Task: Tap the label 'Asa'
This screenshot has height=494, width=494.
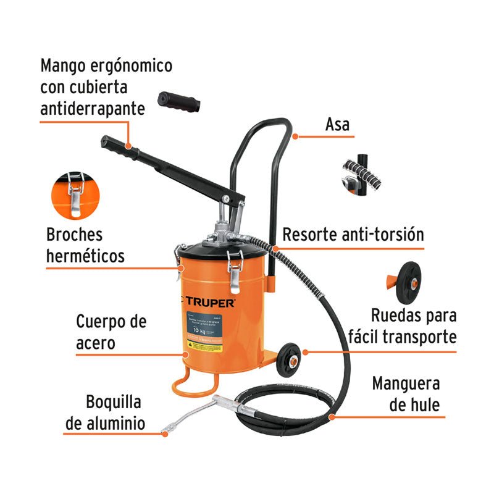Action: [x=337, y=124]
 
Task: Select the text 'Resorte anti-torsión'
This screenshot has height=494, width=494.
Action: [x=353, y=235]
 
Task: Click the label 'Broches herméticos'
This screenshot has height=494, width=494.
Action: [x=85, y=245]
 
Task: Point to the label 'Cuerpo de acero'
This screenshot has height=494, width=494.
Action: [x=111, y=332]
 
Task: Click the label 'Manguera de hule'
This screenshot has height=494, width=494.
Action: [x=406, y=394]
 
